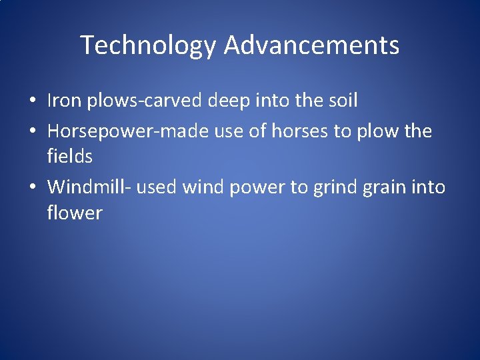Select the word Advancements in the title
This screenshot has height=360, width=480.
[311, 46]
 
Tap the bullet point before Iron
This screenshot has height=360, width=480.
[32, 101]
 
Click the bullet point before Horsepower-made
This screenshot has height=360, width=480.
[32, 131]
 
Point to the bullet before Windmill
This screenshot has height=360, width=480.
[32, 187]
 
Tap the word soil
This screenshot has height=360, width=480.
[342, 101]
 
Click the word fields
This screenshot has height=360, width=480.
[69, 157]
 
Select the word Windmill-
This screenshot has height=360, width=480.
[89, 187]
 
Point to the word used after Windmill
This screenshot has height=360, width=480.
[157, 187]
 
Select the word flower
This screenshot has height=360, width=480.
[75, 213]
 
